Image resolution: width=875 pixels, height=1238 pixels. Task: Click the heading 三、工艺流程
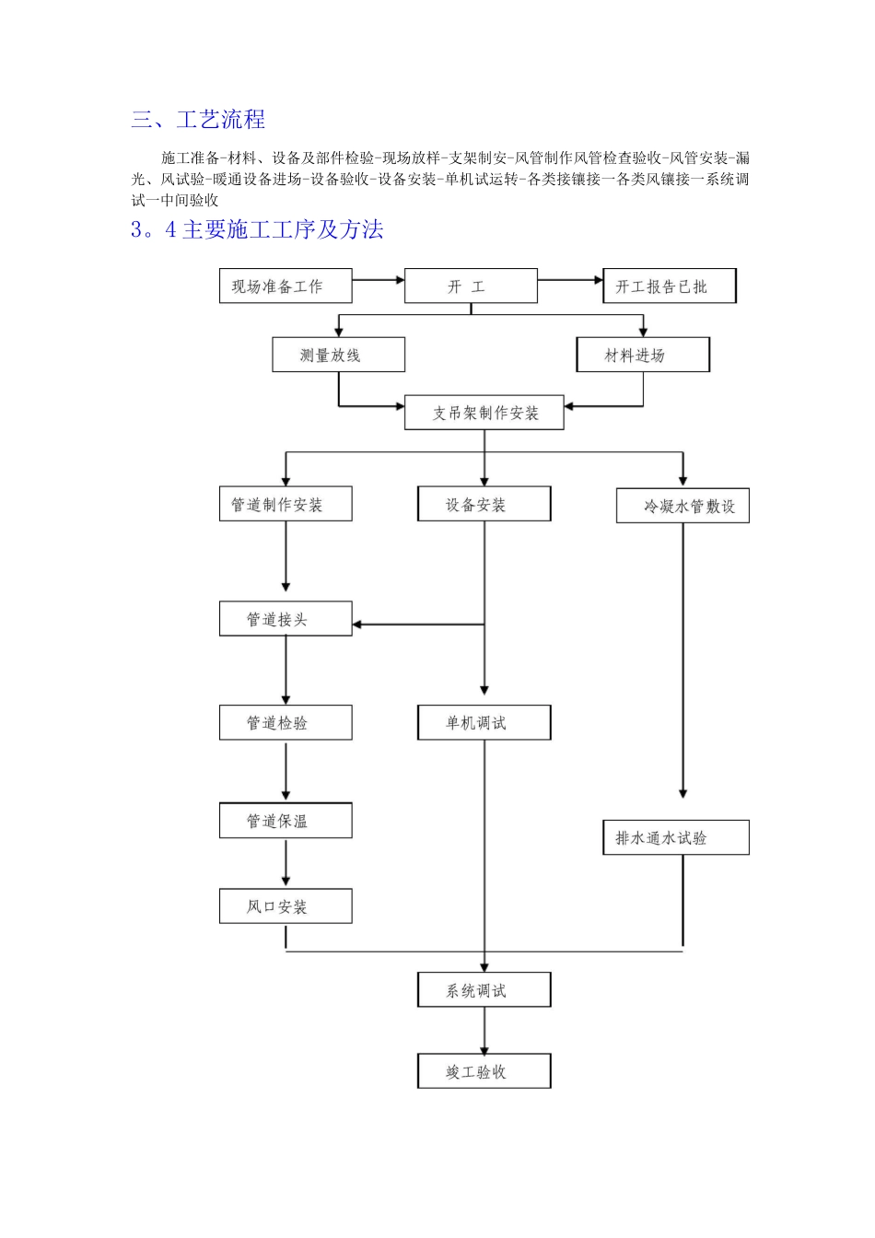[x=198, y=120]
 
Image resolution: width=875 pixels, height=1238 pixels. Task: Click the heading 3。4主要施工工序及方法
[x=257, y=230]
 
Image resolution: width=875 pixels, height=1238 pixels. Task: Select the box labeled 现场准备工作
[x=286, y=286]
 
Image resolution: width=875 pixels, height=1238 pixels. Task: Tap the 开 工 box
[x=471, y=286]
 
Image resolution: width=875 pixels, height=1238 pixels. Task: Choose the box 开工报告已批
[x=670, y=286]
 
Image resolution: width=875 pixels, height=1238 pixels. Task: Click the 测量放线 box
[x=338, y=355]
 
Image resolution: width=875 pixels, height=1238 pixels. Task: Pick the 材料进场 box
[x=643, y=355]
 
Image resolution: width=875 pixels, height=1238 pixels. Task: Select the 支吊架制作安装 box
[x=484, y=413]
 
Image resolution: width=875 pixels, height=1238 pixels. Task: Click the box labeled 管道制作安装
[x=286, y=505]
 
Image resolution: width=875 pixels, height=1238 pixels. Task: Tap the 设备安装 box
[x=484, y=505]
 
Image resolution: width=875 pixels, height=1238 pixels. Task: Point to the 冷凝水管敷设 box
[x=682, y=506]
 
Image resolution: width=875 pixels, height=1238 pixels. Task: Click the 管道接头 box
[x=286, y=619]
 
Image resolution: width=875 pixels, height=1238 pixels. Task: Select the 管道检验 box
[x=286, y=723]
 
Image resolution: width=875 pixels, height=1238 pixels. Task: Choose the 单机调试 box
[x=484, y=723]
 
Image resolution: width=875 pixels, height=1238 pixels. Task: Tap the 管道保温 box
[x=286, y=821]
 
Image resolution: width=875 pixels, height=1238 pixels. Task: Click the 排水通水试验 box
[x=676, y=838]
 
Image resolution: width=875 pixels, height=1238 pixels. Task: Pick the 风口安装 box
[x=286, y=906]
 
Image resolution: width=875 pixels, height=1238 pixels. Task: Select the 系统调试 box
[x=484, y=990]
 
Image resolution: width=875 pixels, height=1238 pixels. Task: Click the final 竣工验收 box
[x=484, y=1071]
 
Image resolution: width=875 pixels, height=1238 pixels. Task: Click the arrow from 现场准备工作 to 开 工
[x=378, y=280]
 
